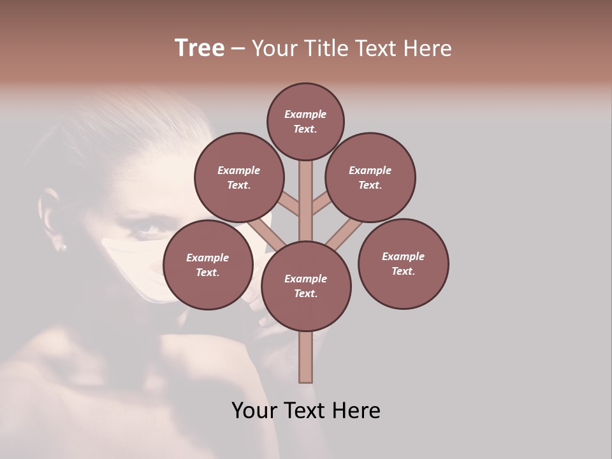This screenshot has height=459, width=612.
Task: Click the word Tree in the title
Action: click(x=200, y=48)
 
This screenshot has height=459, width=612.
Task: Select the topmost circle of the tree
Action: click(x=305, y=121)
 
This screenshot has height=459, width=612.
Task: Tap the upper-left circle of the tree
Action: click(x=238, y=177)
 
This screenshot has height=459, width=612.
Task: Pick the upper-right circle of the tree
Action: click(x=370, y=177)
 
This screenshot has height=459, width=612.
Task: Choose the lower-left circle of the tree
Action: click(x=207, y=265)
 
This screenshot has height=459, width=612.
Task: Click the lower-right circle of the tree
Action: click(x=403, y=263)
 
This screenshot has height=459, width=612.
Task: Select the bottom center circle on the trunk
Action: click(x=306, y=286)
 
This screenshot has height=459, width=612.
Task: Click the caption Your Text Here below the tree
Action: click(x=306, y=410)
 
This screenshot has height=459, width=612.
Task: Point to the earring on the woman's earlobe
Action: click(x=63, y=246)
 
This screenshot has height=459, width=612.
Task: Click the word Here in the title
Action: click(x=428, y=48)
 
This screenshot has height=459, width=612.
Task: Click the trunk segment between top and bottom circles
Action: click(x=305, y=201)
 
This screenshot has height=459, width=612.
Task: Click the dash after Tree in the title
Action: click(x=238, y=48)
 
